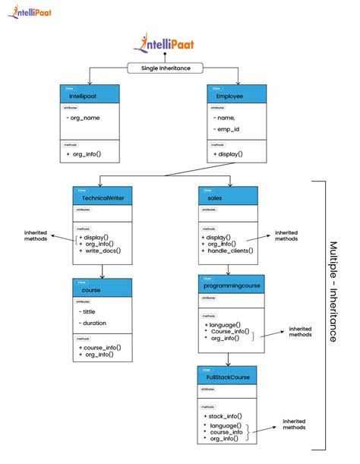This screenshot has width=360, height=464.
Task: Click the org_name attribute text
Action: pyautogui.click(x=84, y=118)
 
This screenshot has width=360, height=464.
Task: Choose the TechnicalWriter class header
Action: pyautogui.click(x=103, y=197)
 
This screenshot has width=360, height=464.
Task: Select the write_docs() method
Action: pyautogui.click(x=102, y=251)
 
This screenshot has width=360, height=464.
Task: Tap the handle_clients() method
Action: pyautogui.click(x=229, y=251)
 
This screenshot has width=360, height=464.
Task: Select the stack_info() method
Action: pyautogui.click(x=225, y=416)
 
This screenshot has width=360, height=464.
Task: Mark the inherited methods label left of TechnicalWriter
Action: pyautogui.click(x=36, y=235)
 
